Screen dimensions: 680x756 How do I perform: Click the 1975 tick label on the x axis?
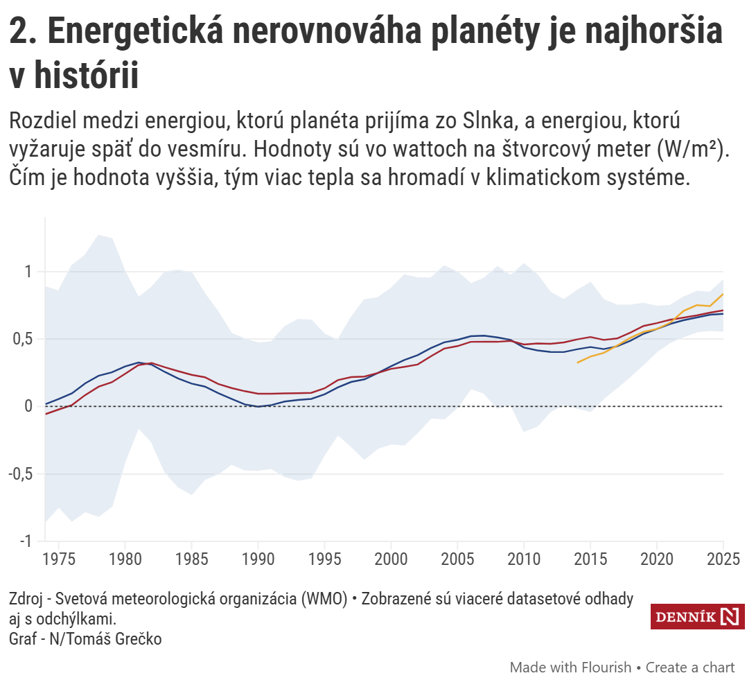tap(58, 559)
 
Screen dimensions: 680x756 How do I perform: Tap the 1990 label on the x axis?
tap(258, 559)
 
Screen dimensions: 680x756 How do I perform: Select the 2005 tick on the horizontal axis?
tap(457, 559)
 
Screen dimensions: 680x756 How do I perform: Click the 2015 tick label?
tap(590, 559)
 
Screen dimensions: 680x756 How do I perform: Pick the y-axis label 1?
tap(29, 272)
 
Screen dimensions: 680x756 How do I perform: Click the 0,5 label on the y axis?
tap(23, 339)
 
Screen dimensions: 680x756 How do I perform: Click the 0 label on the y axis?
tap(29, 406)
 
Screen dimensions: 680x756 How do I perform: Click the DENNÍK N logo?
tap(697, 617)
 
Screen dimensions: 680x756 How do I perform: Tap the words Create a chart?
tap(690, 668)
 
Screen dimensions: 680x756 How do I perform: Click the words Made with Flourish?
tap(570, 668)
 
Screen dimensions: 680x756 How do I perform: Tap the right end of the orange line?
tap(723, 294)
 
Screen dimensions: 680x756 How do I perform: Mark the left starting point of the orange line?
tap(577, 363)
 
